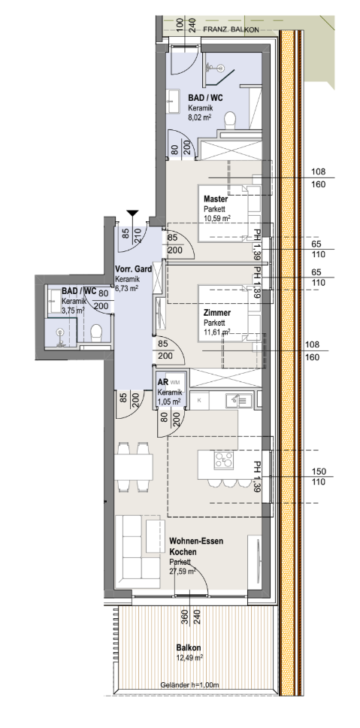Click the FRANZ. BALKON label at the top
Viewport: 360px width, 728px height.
[x=231, y=29]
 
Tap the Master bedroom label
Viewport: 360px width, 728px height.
[x=216, y=199]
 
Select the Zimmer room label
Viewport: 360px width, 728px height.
[x=216, y=313]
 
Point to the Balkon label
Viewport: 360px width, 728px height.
[x=189, y=648]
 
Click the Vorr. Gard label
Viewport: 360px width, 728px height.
[x=134, y=270]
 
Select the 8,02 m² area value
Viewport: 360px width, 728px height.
[x=199, y=118]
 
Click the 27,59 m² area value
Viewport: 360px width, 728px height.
[x=183, y=572]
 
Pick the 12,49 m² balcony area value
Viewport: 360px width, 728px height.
[x=189, y=658]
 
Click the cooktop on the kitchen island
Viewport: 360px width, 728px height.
[x=223, y=460]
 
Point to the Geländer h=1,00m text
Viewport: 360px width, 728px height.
[x=189, y=685]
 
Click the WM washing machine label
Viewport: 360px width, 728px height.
[x=175, y=382]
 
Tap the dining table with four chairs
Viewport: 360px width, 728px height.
[x=134, y=467]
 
